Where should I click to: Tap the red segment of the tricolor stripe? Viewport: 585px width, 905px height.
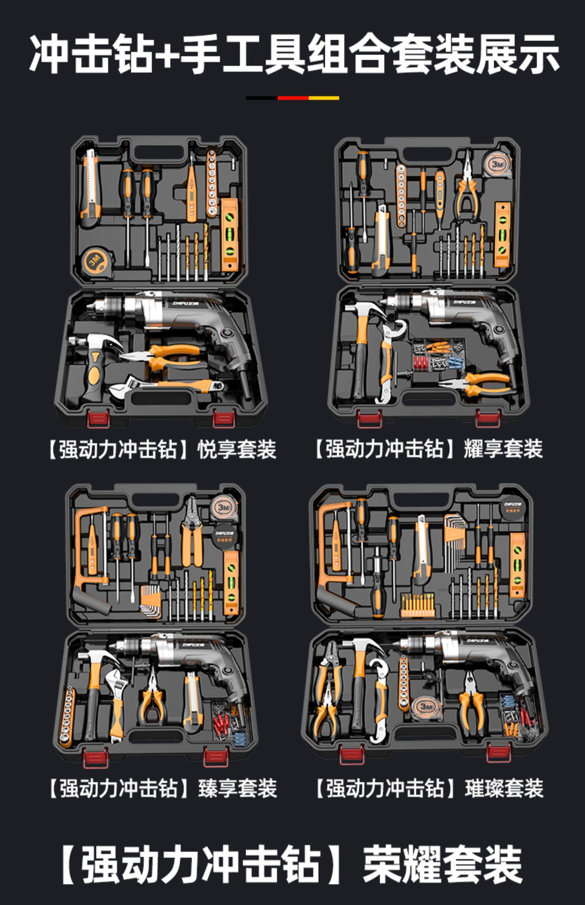point(293,98)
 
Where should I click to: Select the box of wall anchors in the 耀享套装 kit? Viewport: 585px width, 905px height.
point(439,357)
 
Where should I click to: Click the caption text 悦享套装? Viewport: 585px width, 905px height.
point(237,449)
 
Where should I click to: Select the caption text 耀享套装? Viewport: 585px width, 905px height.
point(503,448)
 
